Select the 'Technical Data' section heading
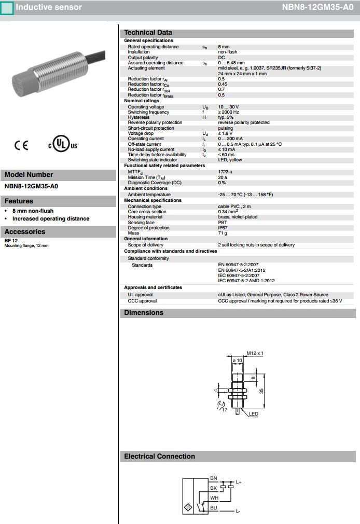(148, 33)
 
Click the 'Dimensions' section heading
(144, 313)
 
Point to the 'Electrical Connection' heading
(159, 457)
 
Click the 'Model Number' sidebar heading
(29, 175)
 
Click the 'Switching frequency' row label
(148, 112)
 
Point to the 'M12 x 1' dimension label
(255, 353)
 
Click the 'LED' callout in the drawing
(253, 414)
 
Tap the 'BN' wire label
(214, 478)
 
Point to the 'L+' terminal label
(239, 482)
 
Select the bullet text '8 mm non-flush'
(33, 211)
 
